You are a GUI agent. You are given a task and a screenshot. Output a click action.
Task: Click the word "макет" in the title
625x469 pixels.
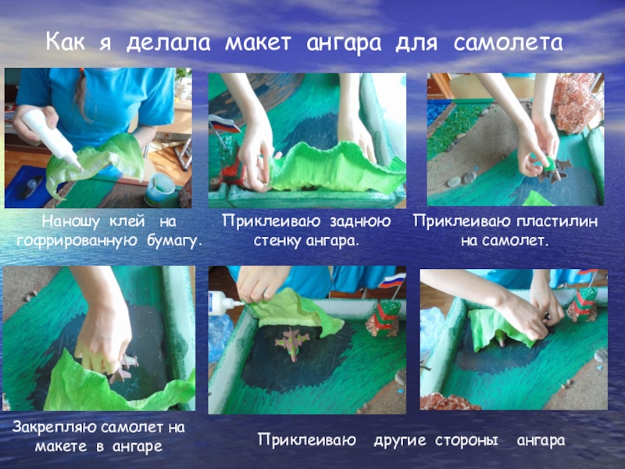pyautogui.click(x=258, y=43)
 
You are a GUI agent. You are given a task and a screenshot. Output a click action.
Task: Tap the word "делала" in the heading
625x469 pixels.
pyautogui.click(x=168, y=43)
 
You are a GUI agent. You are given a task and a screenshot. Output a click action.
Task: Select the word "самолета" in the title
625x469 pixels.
pyautogui.click(x=509, y=43)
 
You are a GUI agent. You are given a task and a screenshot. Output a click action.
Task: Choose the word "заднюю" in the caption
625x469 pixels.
pyautogui.click(x=360, y=221)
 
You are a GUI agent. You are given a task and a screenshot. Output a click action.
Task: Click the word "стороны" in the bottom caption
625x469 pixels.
pyautogui.click(x=466, y=440)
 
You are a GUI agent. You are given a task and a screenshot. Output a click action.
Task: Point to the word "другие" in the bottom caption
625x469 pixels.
pyautogui.click(x=400, y=440)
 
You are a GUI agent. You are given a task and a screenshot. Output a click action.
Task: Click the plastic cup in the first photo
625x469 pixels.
pyautogui.click(x=160, y=188)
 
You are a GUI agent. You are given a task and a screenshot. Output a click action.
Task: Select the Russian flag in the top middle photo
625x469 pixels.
pyautogui.click(x=224, y=124)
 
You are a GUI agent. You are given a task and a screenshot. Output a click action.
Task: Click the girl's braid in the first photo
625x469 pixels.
pyautogui.click(x=81, y=94)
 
